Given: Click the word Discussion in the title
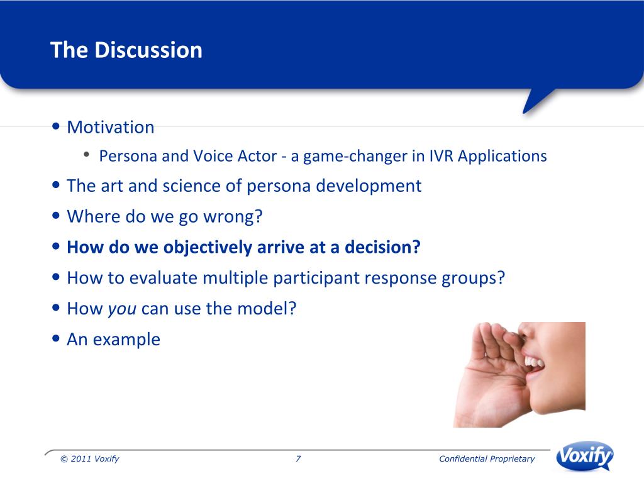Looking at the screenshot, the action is pos(148,50).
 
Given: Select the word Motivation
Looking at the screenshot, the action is pos(111,127).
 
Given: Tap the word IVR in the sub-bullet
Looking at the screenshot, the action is pos(441,156).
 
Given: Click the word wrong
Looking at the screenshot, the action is pos(233,217).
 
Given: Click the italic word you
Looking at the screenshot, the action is pos(122,309).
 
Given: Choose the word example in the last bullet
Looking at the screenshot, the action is pos(126,340).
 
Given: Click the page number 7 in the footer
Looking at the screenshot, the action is pos(298,458).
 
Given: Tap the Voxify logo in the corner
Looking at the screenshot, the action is pos(584,456).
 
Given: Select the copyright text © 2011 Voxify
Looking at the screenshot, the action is pos(90,458).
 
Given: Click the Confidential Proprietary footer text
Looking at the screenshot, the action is pos(487,458).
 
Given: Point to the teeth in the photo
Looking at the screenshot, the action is pos(535,362).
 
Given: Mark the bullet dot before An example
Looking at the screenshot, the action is pos(56,339).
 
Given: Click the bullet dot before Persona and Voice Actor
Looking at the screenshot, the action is pos(86,155).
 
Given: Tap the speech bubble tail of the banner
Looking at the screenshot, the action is pos(536,100).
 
